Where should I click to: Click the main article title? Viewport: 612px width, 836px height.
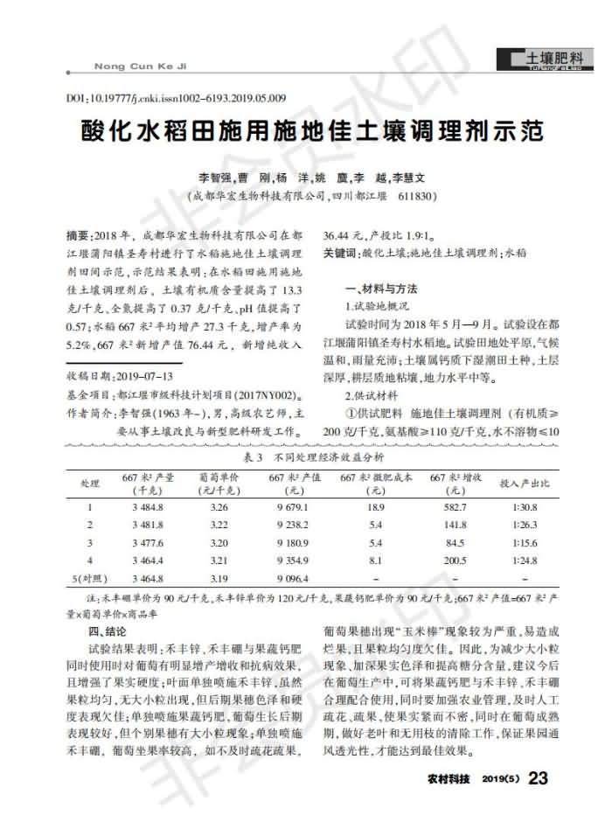(305, 132)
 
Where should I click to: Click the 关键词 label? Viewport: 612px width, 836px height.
(340, 253)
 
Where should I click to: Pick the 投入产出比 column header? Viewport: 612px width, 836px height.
(523, 483)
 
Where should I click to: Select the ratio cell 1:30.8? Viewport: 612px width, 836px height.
(523, 507)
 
